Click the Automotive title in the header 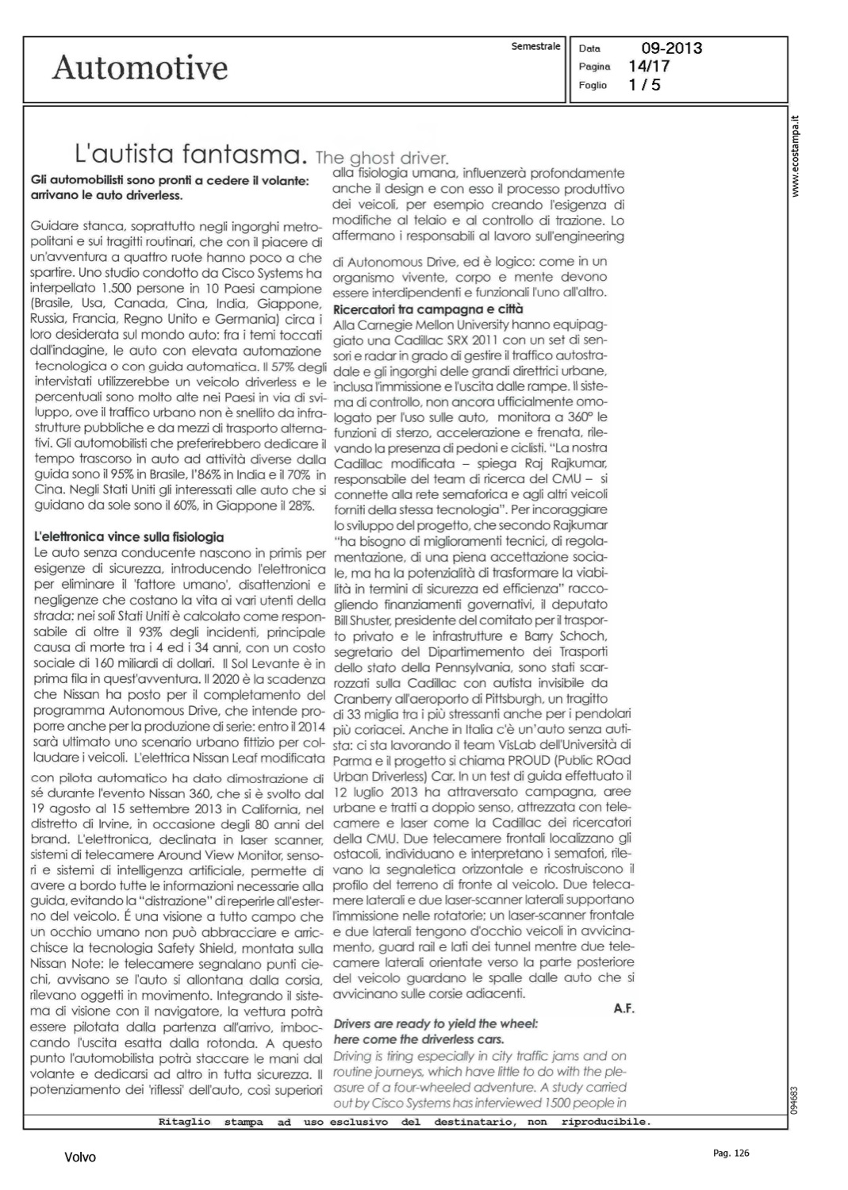[140, 68]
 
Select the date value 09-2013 [671, 48]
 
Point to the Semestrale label [536, 46]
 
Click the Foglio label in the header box [593, 85]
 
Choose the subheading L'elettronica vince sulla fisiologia [127, 537]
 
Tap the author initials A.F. [624, 1008]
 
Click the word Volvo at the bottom [80, 1157]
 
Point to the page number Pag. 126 [731, 1154]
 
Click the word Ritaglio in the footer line [184, 1122]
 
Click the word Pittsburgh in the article [533, 698]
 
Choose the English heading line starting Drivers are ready [436, 1023]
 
